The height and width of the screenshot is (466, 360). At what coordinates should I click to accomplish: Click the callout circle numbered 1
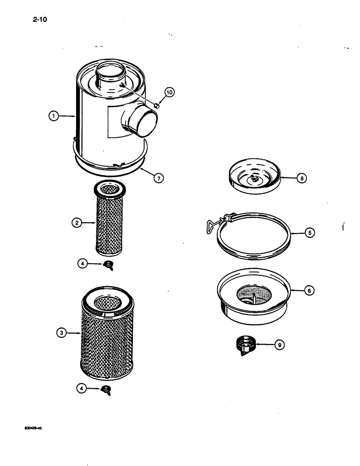point(55,117)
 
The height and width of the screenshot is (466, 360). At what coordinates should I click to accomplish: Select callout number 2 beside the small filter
point(76,223)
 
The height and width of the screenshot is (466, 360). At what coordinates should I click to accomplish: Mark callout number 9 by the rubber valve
point(279,345)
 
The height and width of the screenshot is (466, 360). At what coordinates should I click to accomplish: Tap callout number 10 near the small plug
point(168,93)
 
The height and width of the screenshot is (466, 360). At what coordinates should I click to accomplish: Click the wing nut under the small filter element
point(110,267)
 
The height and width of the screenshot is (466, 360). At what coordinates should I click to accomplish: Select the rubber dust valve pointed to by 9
point(245,345)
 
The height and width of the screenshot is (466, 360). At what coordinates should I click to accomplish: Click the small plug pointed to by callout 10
point(157,106)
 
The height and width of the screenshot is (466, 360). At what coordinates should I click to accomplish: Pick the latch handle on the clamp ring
point(212,225)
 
